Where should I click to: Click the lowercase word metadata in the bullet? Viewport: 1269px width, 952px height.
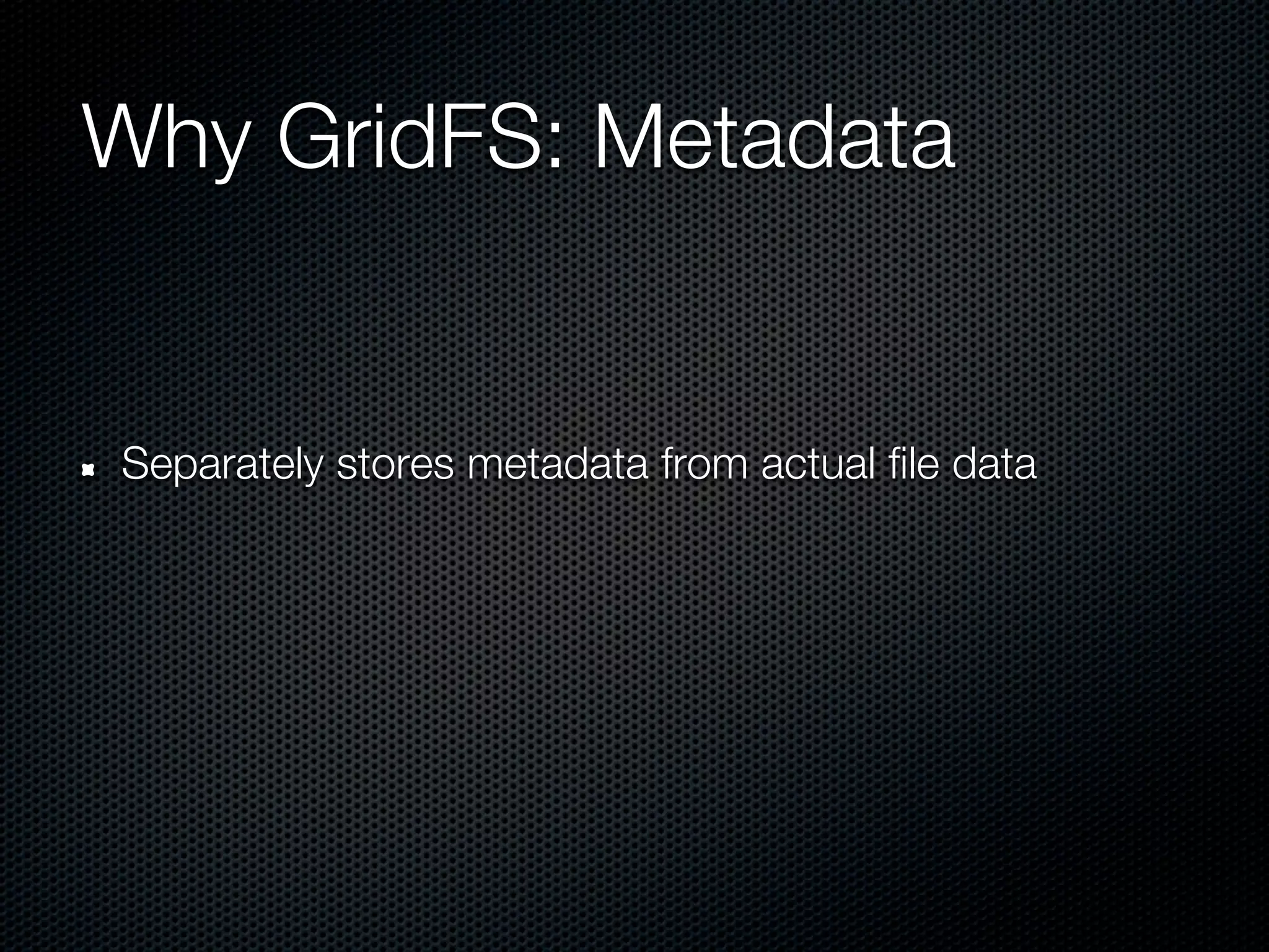click(557, 465)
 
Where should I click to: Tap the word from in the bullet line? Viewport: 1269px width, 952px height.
click(701, 465)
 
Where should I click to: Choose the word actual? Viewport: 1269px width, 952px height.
click(812, 465)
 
